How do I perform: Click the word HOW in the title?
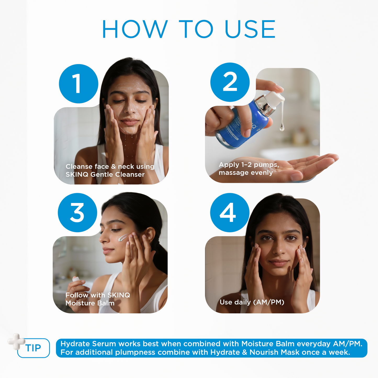click(134, 29)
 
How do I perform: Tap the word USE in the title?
click(250, 29)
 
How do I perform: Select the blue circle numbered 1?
click(78, 84)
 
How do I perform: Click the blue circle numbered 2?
click(230, 82)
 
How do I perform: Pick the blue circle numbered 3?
click(77, 212)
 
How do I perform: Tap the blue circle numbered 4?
click(230, 212)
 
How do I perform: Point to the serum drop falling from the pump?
click(282, 127)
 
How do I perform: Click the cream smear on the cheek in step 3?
click(122, 238)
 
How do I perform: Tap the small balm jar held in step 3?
click(76, 279)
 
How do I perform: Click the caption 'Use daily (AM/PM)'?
click(252, 302)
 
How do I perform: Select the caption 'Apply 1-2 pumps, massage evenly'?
click(249, 168)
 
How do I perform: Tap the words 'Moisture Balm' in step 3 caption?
click(90, 303)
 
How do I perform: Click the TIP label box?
click(33, 348)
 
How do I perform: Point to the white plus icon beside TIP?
click(16, 341)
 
